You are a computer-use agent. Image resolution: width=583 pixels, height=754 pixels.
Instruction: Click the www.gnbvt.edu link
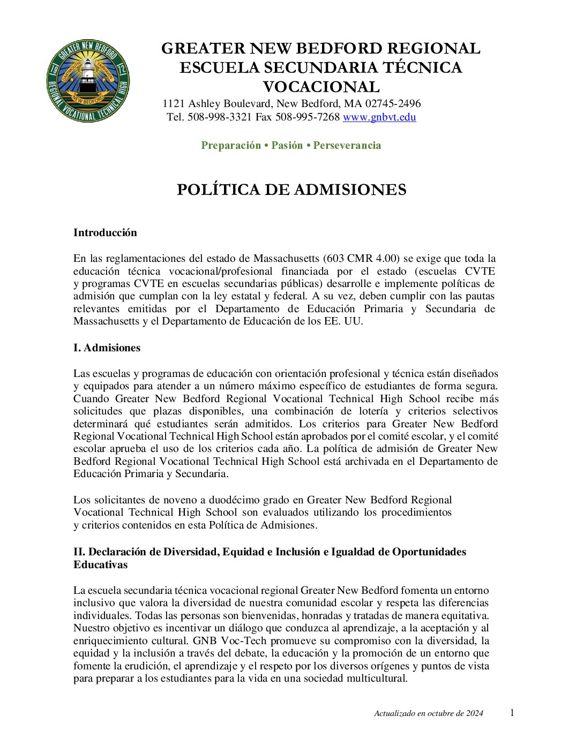(x=379, y=117)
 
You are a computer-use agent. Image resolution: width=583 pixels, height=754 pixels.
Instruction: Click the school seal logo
(x=88, y=80)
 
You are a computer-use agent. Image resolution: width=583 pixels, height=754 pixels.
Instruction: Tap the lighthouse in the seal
(x=88, y=78)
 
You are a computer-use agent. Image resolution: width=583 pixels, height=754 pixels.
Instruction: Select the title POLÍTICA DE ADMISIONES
(x=291, y=190)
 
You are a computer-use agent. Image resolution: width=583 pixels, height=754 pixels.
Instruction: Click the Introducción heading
(x=105, y=232)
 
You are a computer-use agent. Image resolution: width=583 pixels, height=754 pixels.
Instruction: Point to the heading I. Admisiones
(x=107, y=348)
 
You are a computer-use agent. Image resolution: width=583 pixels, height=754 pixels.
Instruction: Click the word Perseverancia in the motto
(x=347, y=146)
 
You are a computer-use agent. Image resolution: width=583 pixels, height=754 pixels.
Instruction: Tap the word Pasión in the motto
(x=287, y=146)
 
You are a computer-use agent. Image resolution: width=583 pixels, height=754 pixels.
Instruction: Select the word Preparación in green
(x=231, y=146)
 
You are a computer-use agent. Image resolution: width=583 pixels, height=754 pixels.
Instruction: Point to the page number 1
(x=512, y=713)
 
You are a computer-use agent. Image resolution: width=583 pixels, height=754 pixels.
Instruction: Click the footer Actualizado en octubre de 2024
(x=429, y=713)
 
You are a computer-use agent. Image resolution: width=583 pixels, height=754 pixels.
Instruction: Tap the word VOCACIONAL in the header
(x=321, y=87)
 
